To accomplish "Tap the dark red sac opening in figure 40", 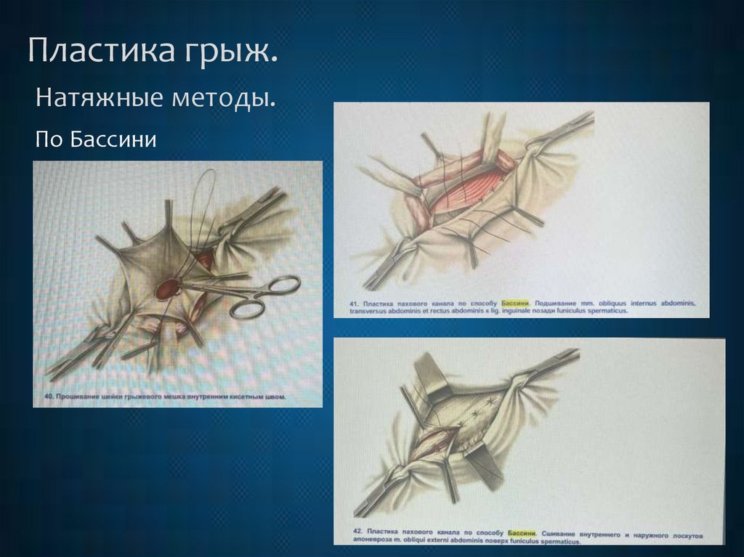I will coord(168,289).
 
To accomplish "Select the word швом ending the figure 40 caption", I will coord(274,397).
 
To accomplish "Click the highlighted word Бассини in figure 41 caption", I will coord(512,300).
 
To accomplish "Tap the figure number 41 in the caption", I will coord(355,300).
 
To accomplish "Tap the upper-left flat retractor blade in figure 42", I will coord(431,377).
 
